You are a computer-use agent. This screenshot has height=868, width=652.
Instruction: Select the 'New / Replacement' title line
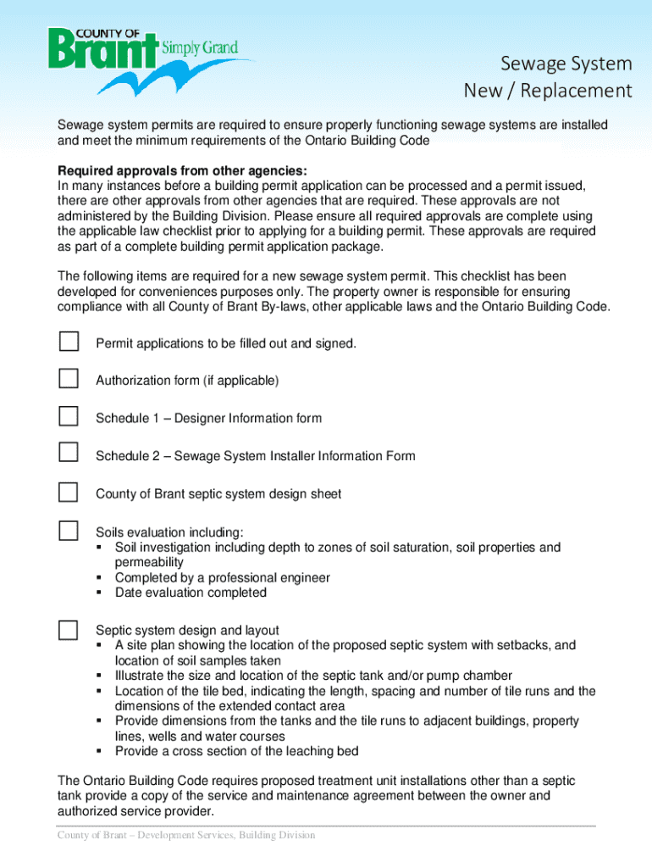(x=548, y=91)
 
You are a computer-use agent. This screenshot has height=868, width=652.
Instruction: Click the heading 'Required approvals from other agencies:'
(x=177, y=170)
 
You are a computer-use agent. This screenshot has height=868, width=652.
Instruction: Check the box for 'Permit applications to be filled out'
(x=69, y=342)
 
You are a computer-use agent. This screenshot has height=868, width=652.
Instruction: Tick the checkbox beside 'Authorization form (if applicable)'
(x=69, y=378)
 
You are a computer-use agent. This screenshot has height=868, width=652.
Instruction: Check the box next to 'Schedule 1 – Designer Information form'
(x=69, y=415)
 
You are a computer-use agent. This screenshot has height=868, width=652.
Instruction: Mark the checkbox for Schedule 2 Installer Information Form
(x=69, y=453)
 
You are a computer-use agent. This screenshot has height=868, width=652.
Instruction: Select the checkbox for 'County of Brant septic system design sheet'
(x=69, y=492)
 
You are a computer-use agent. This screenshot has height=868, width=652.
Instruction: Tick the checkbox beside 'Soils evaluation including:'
(x=69, y=531)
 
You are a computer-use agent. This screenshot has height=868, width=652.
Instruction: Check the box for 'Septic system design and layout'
(x=69, y=629)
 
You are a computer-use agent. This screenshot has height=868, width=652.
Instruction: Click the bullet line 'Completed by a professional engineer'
(x=222, y=578)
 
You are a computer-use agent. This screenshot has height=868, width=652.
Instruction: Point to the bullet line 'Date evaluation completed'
(x=191, y=593)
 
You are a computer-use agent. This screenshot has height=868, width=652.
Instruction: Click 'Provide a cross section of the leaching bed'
(x=236, y=751)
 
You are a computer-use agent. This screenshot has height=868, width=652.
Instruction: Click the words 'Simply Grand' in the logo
(x=206, y=47)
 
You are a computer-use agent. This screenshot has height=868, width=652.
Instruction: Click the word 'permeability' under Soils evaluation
(x=149, y=563)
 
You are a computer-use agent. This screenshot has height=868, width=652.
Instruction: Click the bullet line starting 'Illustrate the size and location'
(x=313, y=676)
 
